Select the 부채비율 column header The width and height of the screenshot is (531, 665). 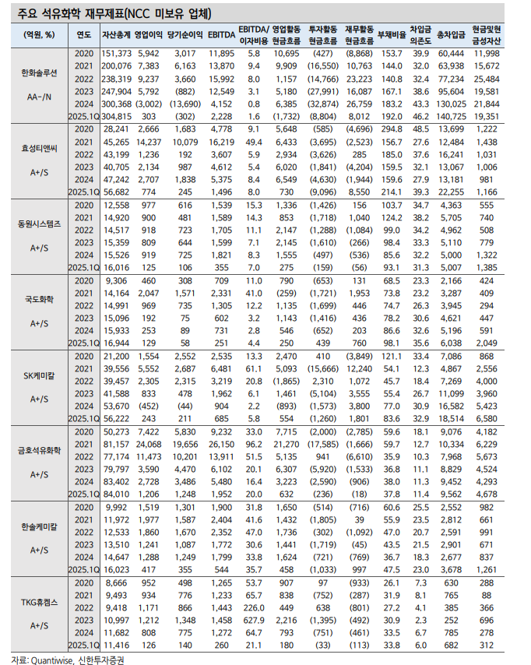[x=390, y=35]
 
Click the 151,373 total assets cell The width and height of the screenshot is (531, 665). [x=115, y=52]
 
